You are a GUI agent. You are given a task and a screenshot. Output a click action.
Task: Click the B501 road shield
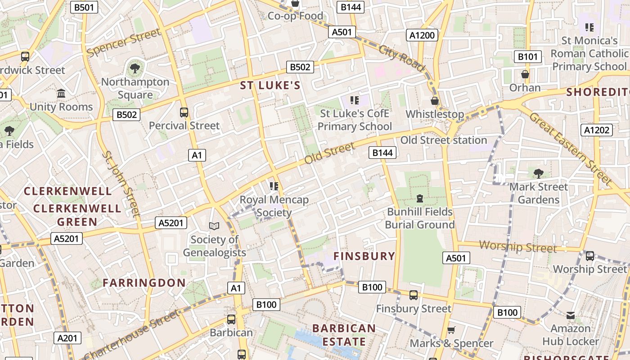85,7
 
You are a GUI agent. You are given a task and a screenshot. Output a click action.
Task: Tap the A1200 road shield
422,35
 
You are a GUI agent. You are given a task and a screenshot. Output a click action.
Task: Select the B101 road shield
527,57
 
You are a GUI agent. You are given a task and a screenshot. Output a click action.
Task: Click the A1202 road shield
597,130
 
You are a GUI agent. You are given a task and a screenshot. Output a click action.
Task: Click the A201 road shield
67,338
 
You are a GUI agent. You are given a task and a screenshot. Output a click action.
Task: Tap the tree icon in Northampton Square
135,68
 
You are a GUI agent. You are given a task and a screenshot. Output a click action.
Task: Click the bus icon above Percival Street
184,112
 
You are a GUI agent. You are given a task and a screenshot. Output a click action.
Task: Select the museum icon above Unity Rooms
61,94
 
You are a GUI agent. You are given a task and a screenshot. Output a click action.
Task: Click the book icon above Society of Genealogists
214,226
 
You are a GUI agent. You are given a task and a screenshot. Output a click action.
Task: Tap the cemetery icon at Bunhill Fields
419,198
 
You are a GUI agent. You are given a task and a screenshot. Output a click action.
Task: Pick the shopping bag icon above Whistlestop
434,100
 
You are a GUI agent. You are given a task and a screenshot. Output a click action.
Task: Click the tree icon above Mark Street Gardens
538,173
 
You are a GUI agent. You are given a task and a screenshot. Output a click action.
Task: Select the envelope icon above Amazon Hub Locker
571,315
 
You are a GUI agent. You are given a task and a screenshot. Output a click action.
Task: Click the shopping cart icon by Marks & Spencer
451,330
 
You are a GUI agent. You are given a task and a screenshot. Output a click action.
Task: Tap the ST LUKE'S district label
270,85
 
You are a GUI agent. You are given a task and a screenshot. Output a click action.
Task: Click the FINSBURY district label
364,256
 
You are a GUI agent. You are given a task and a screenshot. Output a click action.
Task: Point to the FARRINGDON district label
144,283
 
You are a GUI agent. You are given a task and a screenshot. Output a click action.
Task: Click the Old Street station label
444,140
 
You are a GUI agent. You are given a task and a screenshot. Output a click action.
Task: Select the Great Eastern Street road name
570,148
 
